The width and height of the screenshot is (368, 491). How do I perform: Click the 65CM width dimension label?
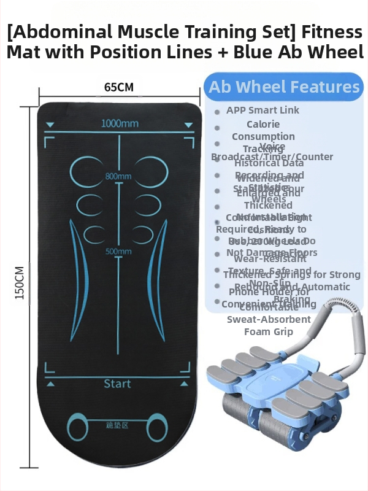119,87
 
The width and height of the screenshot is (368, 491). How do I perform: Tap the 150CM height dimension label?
19,282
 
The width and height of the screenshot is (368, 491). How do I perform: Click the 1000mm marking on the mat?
120,123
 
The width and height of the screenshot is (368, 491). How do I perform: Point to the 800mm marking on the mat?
118,177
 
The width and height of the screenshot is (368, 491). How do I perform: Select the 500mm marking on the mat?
118,251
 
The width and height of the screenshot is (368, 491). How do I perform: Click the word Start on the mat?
117,384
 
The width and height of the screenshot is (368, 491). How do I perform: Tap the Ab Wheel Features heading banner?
284,87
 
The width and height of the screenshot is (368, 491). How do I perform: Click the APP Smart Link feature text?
263,110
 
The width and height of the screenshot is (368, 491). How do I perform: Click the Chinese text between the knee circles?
117,423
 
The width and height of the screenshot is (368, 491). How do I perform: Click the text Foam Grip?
269,331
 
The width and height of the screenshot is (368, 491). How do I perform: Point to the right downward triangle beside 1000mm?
188,125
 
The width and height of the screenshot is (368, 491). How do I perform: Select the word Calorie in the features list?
263,124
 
